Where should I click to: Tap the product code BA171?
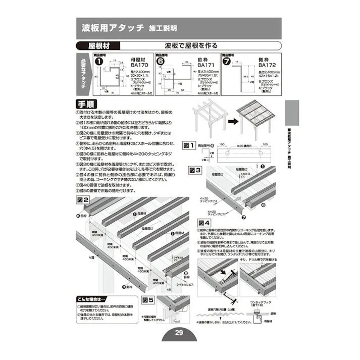click(x=203, y=65)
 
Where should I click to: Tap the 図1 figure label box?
click(x=188, y=145)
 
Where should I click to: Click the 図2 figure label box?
click(x=83, y=200)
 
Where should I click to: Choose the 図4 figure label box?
click(x=204, y=222)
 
